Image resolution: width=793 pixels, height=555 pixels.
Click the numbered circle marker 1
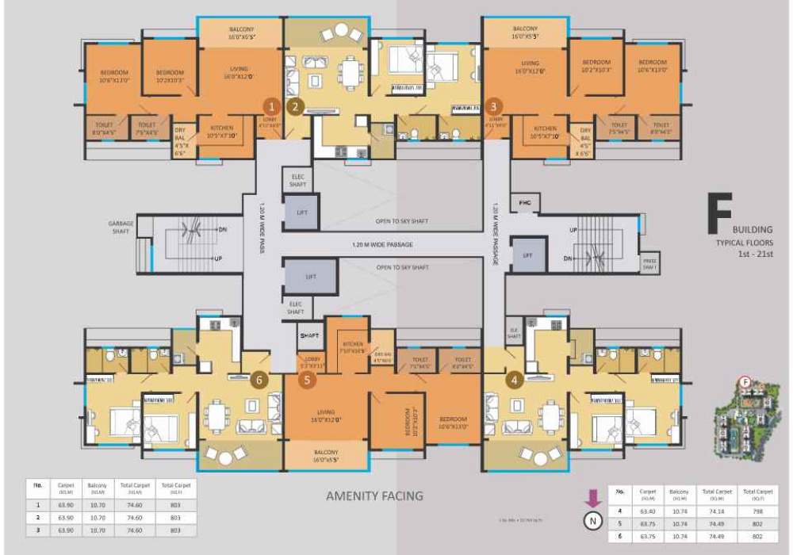(x=271, y=105)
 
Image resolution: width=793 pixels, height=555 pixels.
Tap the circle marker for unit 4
(x=516, y=379)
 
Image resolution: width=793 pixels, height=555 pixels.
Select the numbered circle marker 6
(x=257, y=380)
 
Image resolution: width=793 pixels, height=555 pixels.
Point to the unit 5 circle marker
(x=307, y=380)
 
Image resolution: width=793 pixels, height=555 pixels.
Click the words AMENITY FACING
(x=375, y=496)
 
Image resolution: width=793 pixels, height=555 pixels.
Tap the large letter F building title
(x=718, y=213)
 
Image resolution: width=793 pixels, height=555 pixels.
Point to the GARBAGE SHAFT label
(x=121, y=227)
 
